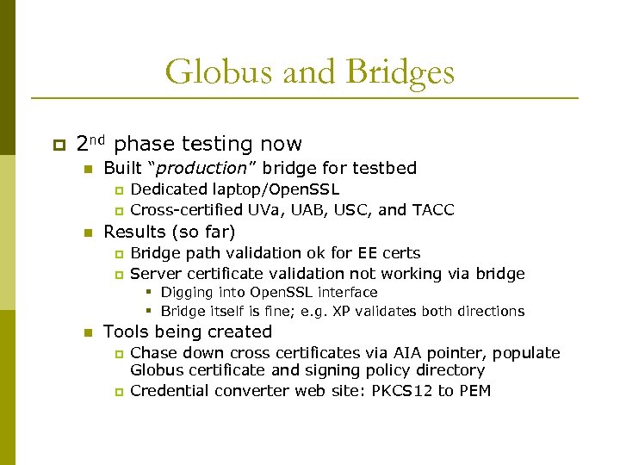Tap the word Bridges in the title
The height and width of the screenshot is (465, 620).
tap(400, 72)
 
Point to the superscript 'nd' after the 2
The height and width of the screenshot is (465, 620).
tap(97, 139)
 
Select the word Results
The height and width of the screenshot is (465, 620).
tap(135, 232)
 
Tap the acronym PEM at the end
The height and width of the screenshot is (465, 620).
tap(474, 391)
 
